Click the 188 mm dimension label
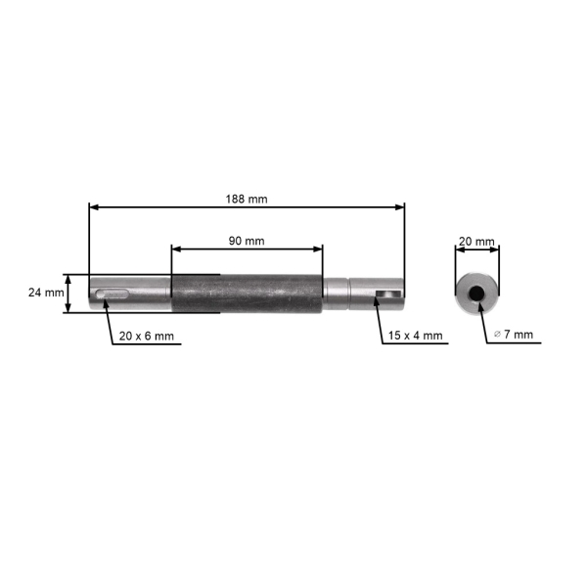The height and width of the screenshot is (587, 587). click(x=246, y=198)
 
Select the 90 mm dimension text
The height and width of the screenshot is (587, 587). click(x=246, y=240)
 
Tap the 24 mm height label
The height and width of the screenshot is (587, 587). click(x=45, y=293)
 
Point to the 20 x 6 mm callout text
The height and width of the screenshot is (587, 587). click(x=146, y=336)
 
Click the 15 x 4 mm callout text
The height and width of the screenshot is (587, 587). click(x=415, y=336)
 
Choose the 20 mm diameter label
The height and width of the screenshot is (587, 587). click(x=476, y=240)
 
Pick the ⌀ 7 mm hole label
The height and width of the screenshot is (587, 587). click(x=514, y=335)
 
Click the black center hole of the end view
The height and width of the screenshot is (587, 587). click(x=476, y=293)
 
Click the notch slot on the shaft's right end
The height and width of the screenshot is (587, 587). click(x=388, y=293)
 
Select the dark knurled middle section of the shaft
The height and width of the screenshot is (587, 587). click(x=247, y=293)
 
